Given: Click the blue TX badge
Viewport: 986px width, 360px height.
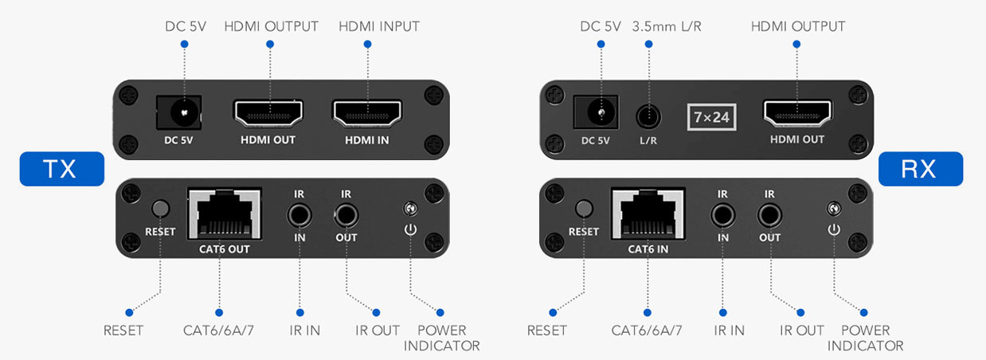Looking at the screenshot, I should pos(62,169).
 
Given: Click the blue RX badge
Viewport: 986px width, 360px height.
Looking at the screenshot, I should pos(921,169).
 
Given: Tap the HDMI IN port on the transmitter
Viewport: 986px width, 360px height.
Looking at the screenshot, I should pos(367,115).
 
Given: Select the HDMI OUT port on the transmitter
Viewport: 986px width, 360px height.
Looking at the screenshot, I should pos(268,115).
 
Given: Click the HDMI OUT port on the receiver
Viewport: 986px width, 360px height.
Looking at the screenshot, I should pos(797,115).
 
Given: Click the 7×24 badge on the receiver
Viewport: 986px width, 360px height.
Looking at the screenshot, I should pos(711,117).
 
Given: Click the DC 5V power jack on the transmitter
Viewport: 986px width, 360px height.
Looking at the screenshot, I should pos(186,114).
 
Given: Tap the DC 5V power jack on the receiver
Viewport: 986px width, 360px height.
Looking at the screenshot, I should pos(597,114).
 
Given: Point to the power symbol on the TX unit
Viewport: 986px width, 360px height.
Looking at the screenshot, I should pos(410,230).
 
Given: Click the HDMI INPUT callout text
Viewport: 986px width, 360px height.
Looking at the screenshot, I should pos(379,26).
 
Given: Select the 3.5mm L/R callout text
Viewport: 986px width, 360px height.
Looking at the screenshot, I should pos(667,26).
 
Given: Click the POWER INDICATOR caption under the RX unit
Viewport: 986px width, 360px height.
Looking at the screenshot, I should pos(865,338).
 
